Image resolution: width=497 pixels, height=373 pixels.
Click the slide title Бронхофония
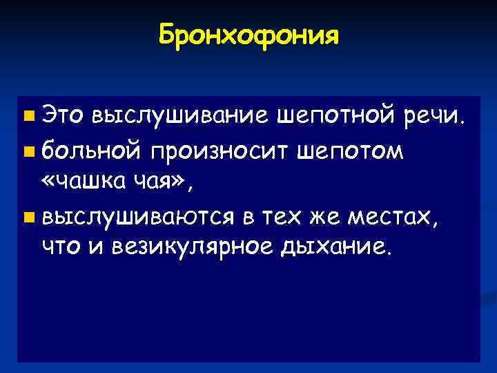tap(248, 34)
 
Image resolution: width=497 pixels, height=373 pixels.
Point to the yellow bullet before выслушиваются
tap(27, 220)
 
